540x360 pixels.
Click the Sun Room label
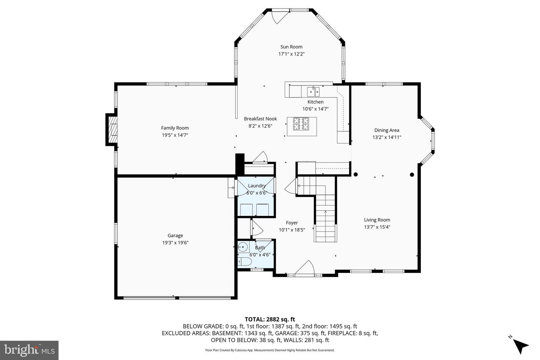pos(291,47)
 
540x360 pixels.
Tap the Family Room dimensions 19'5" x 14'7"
pos(175,135)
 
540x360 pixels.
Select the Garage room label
pos(175,235)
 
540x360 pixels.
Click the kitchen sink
pos(313,91)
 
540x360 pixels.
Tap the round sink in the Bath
pos(243,247)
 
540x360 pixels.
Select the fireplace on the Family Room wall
pos(112,130)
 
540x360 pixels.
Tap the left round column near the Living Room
pos(355,174)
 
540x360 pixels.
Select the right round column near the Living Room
pos(412,174)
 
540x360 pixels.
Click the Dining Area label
pos(387,130)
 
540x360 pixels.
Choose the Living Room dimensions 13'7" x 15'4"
pos(377,227)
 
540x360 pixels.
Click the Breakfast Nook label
pos(260,119)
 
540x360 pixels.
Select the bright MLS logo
pos(29,350)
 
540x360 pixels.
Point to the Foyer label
pos(292,223)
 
